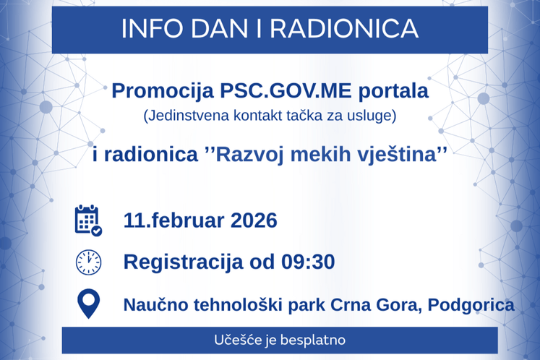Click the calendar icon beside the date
[x=88, y=220]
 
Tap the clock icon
[x=88, y=262]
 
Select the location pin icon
[x=88, y=304]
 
